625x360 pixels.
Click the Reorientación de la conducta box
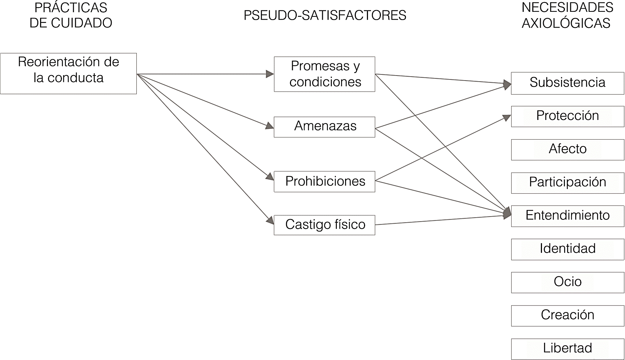[68, 73]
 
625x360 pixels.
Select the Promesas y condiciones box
[324, 74]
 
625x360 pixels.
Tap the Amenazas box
[324, 127]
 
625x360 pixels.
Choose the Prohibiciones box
[324, 181]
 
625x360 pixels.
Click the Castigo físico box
[324, 225]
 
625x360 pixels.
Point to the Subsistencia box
[567, 83]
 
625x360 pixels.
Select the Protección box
[567, 116]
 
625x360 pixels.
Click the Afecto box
[567, 149]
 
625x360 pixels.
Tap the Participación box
[567, 183]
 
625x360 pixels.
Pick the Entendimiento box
[567, 216]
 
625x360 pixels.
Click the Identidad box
[567, 249]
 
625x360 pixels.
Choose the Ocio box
[567, 282]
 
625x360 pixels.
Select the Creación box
[567, 315]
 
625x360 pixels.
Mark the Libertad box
[567, 349]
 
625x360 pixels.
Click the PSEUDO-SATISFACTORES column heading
[325, 15]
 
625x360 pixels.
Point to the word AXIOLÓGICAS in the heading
[566, 23]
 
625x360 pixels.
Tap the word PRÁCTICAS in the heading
[71, 8]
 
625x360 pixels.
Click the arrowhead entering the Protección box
[507, 118]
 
